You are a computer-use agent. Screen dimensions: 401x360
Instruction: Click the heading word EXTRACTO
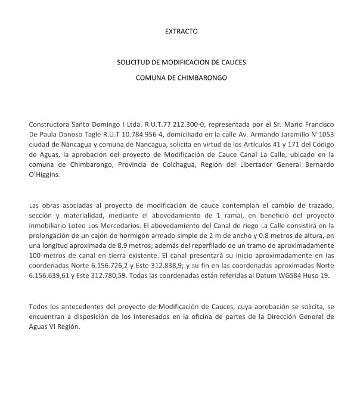pos(180,29)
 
